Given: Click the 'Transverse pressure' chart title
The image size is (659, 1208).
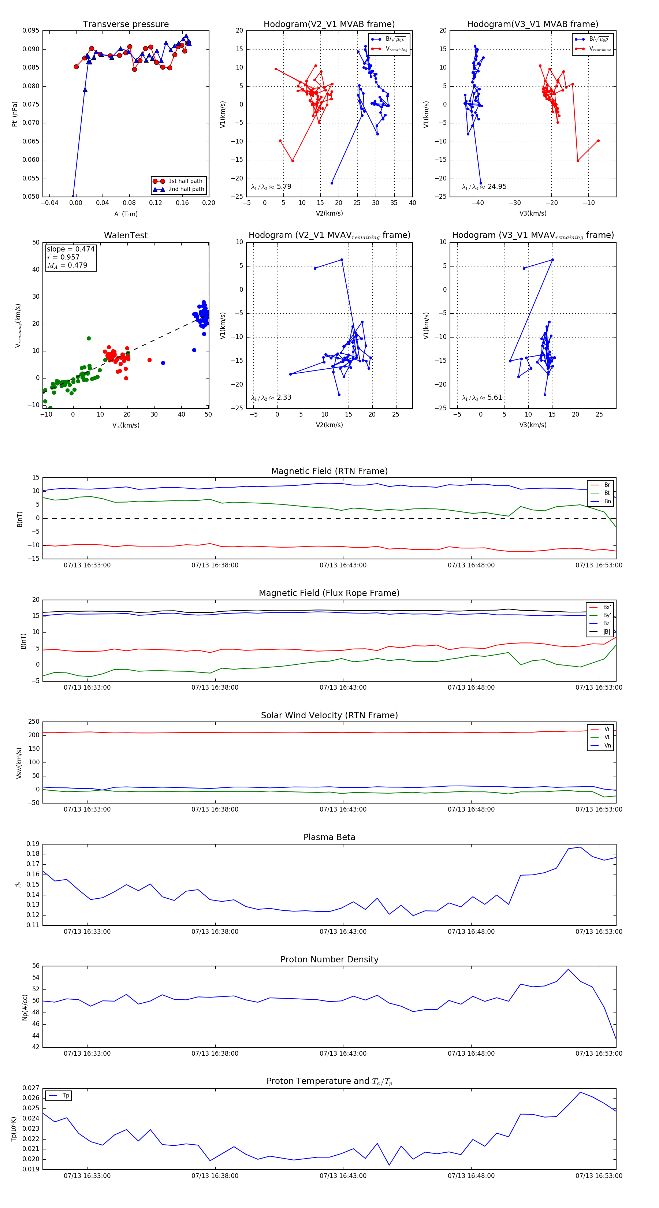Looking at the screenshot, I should (126, 25).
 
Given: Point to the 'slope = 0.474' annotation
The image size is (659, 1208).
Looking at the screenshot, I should (70, 249).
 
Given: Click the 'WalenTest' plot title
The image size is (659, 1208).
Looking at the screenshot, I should (126, 235).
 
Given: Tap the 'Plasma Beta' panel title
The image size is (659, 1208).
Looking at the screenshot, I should (329, 837).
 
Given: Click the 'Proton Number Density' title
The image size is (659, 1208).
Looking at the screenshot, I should (329, 959).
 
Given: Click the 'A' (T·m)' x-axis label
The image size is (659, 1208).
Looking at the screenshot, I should (126, 214).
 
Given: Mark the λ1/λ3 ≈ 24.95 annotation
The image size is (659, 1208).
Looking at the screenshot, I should (484, 187).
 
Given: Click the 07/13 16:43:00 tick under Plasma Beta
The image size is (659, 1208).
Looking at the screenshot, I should (343, 931).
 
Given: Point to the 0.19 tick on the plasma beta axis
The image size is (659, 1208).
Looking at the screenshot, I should (33, 844).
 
